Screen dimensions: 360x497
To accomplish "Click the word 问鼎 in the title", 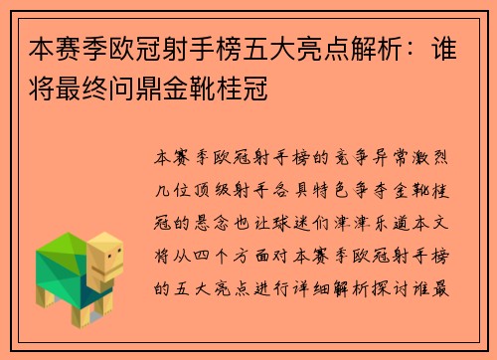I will click(x=137, y=94).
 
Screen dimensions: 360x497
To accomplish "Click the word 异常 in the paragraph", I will click(x=390, y=158).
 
